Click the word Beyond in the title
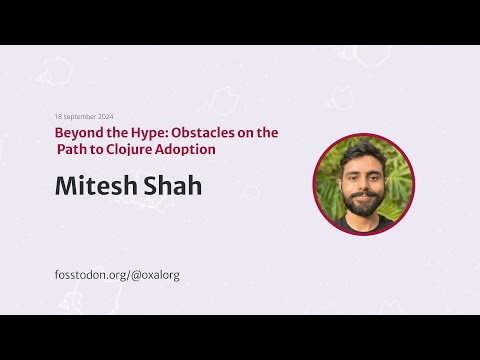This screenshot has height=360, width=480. click(x=76, y=132)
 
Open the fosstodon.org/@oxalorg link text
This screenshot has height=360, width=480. click(x=117, y=274)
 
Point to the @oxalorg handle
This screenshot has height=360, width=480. click(x=155, y=274)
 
